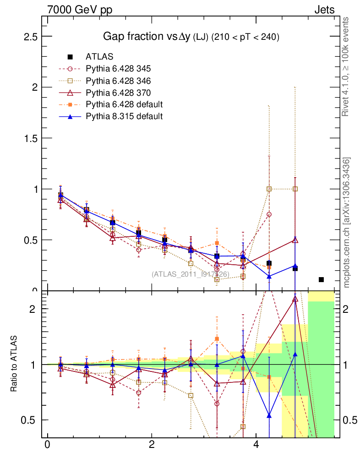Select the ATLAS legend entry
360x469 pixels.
[x=99, y=57]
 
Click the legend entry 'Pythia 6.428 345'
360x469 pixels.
[x=118, y=69]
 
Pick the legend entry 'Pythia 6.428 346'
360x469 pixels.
[x=118, y=81]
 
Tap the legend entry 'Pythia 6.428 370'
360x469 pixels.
[x=118, y=93]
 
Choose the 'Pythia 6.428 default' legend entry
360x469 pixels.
[x=124, y=104]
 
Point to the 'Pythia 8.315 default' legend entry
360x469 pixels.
[x=124, y=116]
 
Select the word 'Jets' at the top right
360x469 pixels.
[x=324, y=10]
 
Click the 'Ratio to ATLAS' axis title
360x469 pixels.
[x=14, y=364]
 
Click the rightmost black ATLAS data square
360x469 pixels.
[x=321, y=279]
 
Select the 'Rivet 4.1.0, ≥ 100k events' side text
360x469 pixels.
[x=346, y=67]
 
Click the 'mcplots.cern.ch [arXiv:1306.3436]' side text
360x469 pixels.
[x=347, y=223]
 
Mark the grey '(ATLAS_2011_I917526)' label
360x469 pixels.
[x=191, y=274]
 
